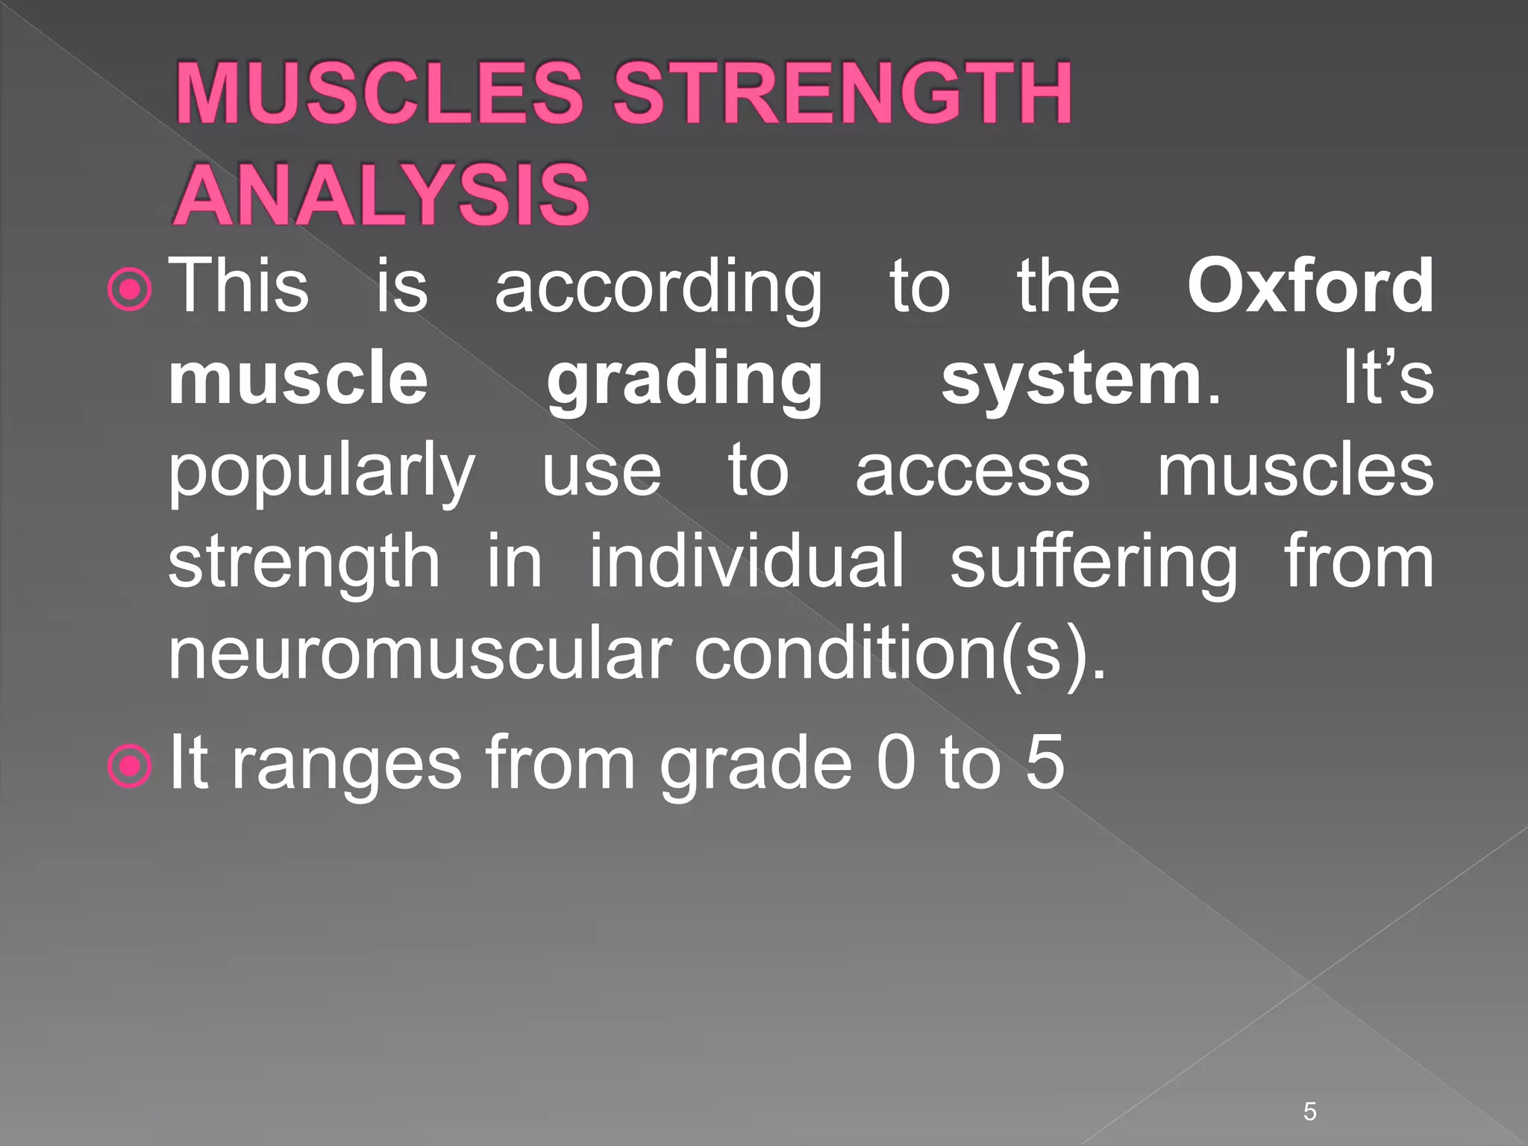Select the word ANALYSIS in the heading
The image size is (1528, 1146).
point(382,195)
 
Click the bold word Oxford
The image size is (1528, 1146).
point(1310,286)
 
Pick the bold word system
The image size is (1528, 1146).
point(1071,379)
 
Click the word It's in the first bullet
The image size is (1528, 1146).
point(1387,379)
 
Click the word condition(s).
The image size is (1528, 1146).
point(900,654)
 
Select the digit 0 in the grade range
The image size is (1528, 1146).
point(895,762)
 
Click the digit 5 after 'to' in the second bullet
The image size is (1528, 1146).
point(1044,762)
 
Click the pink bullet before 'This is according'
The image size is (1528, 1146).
point(130,289)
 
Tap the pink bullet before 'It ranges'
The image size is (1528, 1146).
point(130,765)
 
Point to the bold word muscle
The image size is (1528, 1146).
point(298,379)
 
